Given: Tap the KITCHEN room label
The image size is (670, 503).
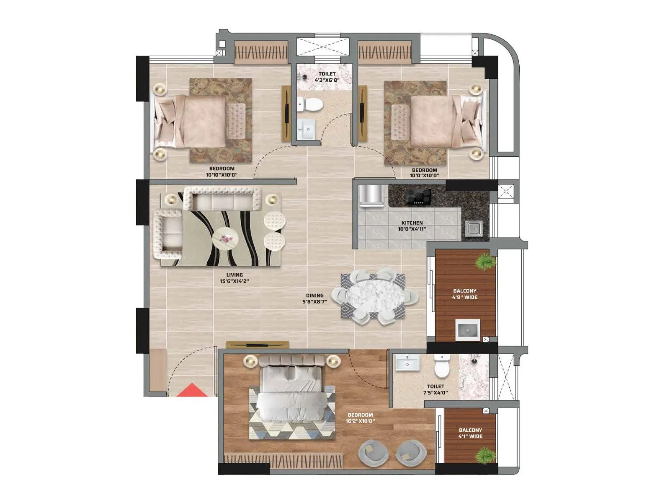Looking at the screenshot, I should (412, 226).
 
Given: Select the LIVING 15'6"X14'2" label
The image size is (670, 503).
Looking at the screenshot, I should (234, 278).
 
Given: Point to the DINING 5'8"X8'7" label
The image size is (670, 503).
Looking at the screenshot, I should (314, 298).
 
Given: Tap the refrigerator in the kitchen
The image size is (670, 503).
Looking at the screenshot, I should (371, 196).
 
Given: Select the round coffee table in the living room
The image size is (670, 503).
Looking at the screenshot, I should (225, 239).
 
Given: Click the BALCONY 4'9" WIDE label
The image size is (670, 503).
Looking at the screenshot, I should (465, 294).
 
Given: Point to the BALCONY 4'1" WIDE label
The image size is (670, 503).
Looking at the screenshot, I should (470, 433).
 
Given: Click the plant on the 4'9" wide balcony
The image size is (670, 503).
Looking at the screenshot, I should (485, 262).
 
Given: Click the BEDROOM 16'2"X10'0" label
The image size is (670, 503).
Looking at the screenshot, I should (360, 418).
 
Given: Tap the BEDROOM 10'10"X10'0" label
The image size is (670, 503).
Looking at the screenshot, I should (222, 171).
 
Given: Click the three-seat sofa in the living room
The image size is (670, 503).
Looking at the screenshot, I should (222, 198).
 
